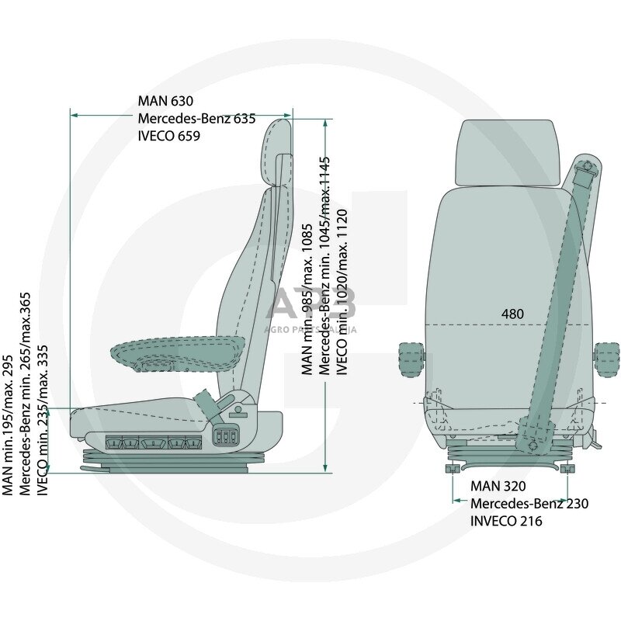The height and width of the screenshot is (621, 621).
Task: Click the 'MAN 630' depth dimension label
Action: tap(165, 101)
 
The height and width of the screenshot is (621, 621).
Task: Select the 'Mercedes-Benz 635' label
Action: tap(196, 119)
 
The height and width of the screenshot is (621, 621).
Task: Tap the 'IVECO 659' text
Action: tap(169, 136)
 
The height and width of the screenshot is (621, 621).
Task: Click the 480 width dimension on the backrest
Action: tap(512, 314)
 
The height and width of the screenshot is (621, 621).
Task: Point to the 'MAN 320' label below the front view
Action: tap(498, 487)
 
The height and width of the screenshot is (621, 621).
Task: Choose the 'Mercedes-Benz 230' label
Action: tap(529, 504)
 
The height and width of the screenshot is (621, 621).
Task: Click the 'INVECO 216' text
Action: tap(506, 521)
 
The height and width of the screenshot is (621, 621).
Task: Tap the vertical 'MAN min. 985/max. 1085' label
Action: tap(307, 299)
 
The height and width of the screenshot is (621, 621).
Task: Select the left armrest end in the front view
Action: tap(411, 362)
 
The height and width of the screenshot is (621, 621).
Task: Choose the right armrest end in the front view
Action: tap(605, 362)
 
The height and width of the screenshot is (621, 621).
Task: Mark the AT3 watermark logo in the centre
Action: tap(310, 303)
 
